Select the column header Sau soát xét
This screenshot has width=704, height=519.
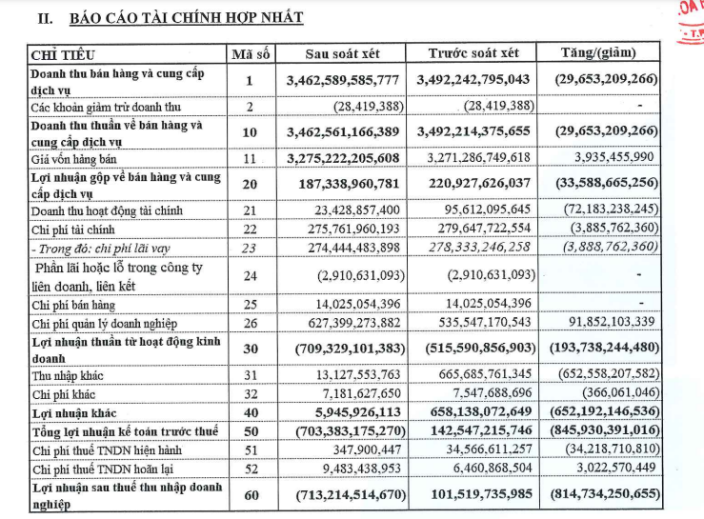pyautogui.click(x=343, y=54)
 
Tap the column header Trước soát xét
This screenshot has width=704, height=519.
pyautogui.click(x=473, y=54)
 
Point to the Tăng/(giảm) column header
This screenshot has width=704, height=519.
pyautogui.click(x=599, y=53)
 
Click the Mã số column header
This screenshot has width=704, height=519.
pyautogui.click(x=249, y=54)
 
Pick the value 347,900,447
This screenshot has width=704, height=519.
pyautogui.click(x=364, y=450)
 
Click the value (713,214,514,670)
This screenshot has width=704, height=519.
pyautogui.click(x=341, y=495)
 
